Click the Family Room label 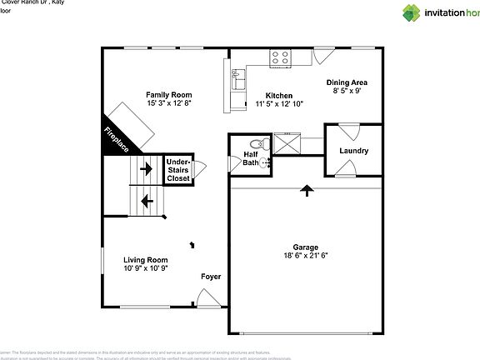point(169,95)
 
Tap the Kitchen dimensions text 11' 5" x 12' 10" point(279,104)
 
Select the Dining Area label point(347,82)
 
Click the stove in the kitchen point(280,57)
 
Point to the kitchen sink point(237,82)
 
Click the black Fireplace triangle point(114,138)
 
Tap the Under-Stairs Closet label point(178,170)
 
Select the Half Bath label point(251,158)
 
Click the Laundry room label point(353,151)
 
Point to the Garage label point(306,247)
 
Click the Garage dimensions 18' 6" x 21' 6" point(306,256)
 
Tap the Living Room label point(146,260)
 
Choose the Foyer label point(210,276)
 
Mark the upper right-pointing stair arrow point(147,169)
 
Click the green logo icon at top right point(412,12)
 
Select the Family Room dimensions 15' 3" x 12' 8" point(169,104)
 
